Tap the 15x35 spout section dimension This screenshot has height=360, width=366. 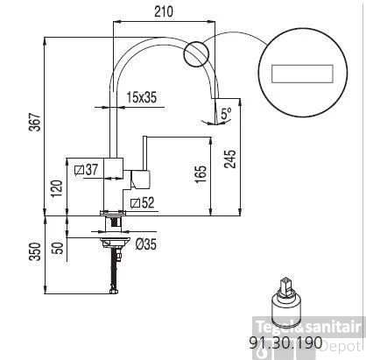(140, 97)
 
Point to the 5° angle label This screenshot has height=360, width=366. (226, 113)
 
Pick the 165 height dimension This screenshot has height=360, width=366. (201, 174)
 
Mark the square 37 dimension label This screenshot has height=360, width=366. (87, 170)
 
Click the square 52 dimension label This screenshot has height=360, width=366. (142, 203)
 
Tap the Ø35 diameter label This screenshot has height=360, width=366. (144, 245)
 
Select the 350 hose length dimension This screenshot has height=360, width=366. (34, 253)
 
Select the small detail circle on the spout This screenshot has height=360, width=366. (196, 54)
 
